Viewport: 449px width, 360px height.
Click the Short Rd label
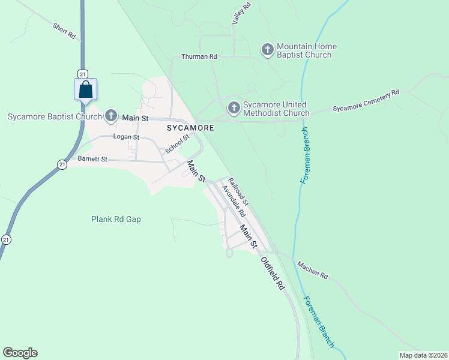(64, 31)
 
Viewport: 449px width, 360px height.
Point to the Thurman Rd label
(199, 56)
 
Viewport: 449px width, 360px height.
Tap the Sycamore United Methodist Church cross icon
(234, 108)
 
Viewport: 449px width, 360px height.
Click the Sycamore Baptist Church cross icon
(110, 115)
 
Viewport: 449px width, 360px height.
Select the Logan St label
(127, 137)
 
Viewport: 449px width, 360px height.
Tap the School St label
(177, 143)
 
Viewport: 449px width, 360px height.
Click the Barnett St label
(92, 159)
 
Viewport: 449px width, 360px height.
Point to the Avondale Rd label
(234, 201)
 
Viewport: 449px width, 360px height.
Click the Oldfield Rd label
(272, 274)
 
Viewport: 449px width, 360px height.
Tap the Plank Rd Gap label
(116, 219)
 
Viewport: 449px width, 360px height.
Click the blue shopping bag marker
(86, 90)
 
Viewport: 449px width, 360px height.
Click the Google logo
(20, 353)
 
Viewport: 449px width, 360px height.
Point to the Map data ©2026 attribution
(423, 355)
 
